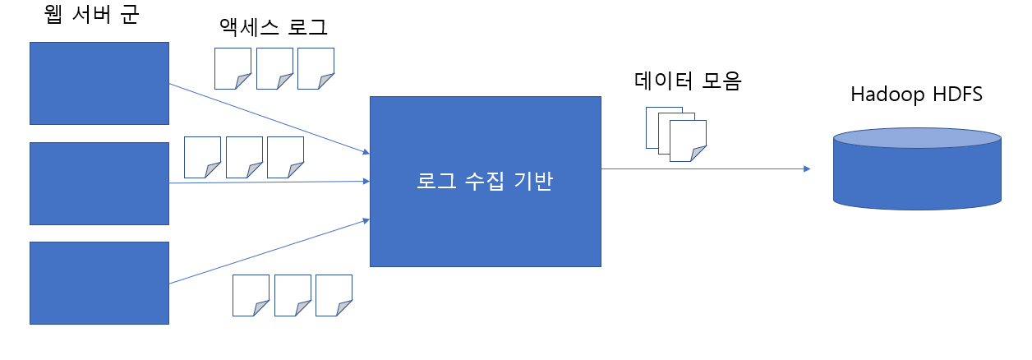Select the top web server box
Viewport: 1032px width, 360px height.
(x=99, y=83)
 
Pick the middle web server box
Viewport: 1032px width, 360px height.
(x=99, y=183)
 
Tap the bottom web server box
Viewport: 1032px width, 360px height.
(x=99, y=283)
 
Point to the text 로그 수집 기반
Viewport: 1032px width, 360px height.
(x=485, y=182)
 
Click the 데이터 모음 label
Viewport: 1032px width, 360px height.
(x=688, y=81)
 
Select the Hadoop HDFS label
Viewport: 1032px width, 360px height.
(x=917, y=95)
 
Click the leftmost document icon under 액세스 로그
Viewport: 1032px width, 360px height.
(x=233, y=68)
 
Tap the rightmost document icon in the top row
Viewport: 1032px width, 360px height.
(x=316, y=68)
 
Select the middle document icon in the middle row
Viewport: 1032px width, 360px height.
(x=244, y=157)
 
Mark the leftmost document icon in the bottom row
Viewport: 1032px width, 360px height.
(x=251, y=295)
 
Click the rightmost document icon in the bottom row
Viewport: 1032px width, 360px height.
(x=334, y=295)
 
